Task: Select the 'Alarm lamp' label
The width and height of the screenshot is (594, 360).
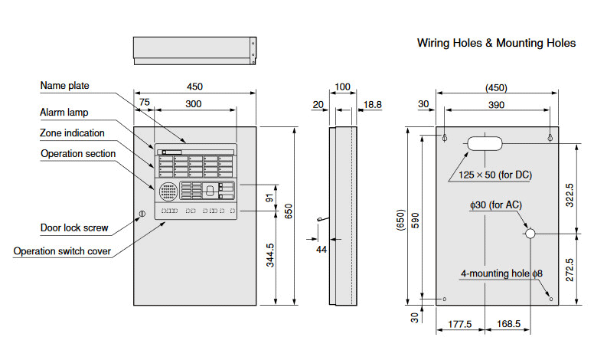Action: click(64, 113)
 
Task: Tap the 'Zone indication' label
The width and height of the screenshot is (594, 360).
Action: click(72, 133)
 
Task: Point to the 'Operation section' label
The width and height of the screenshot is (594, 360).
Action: click(77, 154)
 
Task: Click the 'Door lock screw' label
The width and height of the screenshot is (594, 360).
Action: click(74, 227)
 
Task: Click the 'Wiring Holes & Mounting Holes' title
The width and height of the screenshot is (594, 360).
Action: click(496, 43)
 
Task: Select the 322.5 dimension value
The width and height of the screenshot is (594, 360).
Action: click(570, 196)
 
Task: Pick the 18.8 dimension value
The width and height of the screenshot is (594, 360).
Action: click(373, 103)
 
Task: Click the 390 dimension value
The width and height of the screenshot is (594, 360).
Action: click(496, 103)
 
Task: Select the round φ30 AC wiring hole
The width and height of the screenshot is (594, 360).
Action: click(530, 234)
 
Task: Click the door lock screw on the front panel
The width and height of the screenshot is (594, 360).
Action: click(140, 215)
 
